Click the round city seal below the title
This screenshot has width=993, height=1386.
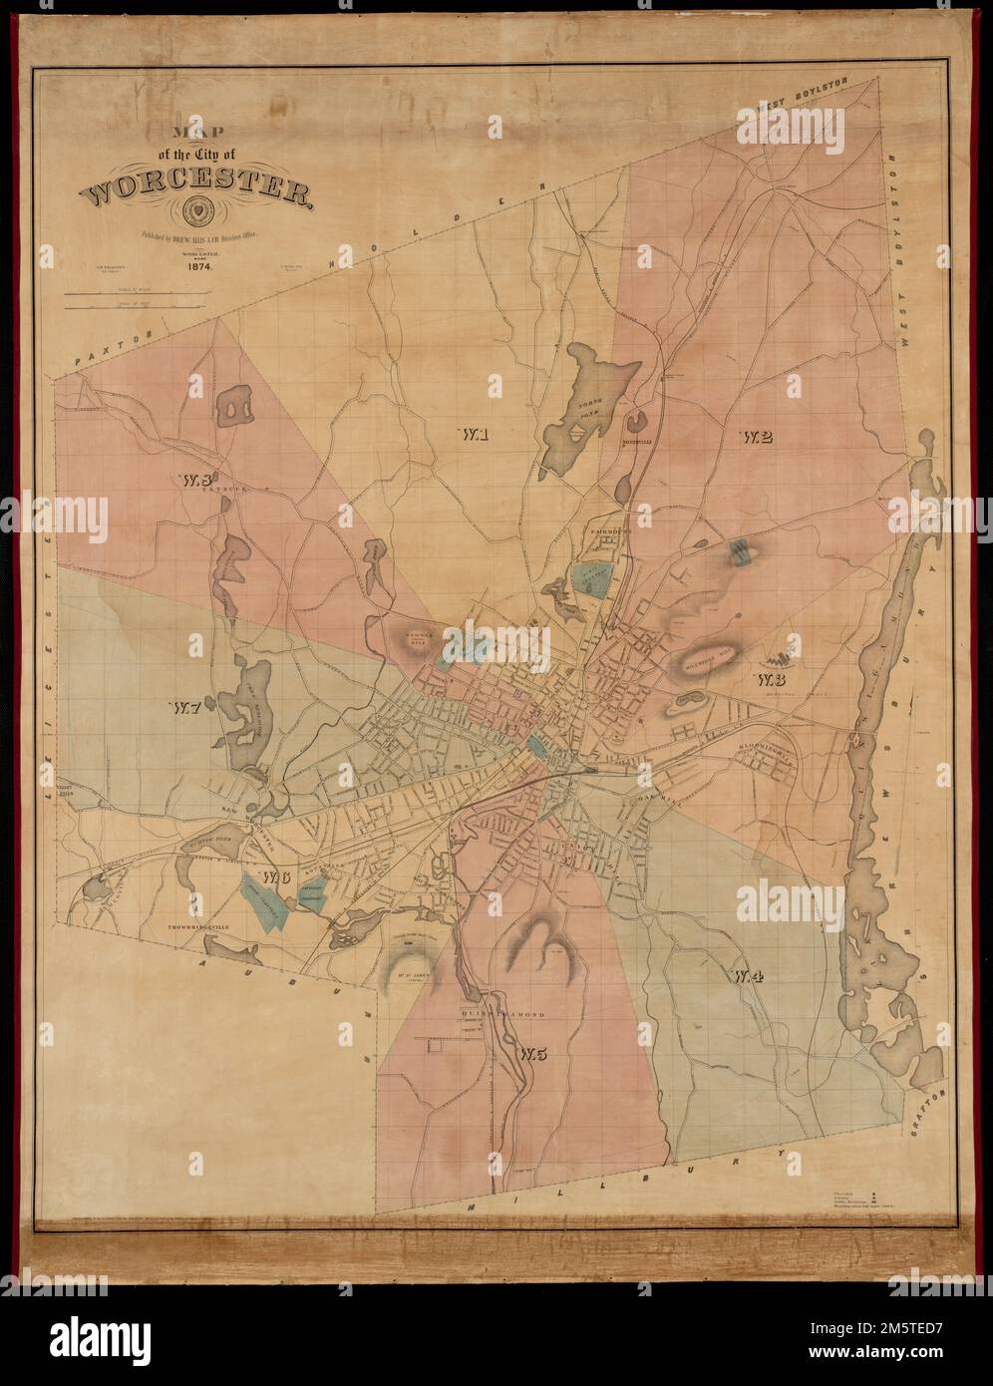coord(198,212)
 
